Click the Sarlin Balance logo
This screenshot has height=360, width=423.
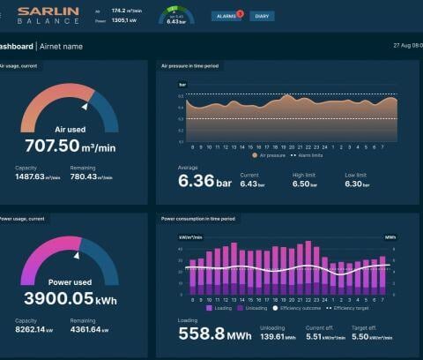click(x=48, y=15)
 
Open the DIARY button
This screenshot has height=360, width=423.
click(x=262, y=16)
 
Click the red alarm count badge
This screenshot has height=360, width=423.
click(x=240, y=12)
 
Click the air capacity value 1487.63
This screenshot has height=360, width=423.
click(x=37, y=176)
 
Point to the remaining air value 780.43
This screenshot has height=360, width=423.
click(x=93, y=176)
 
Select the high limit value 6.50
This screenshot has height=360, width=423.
click(x=304, y=184)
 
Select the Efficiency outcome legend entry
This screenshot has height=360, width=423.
click(x=300, y=308)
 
